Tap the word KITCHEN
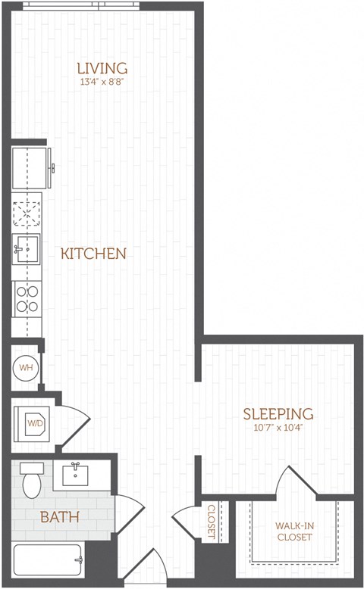pyautogui.click(x=93, y=254)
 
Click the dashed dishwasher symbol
pyautogui.click(x=27, y=213)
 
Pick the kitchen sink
pyautogui.click(x=26, y=248)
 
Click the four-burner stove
pyautogui.click(x=27, y=298)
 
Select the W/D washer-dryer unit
pyautogui.click(x=33, y=422)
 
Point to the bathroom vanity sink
pyautogui.click(x=75, y=475)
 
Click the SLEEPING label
pyautogui.click(x=278, y=414)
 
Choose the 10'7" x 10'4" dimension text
pyautogui.click(x=278, y=428)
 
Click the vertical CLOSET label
pyautogui.click(x=212, y=522)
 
